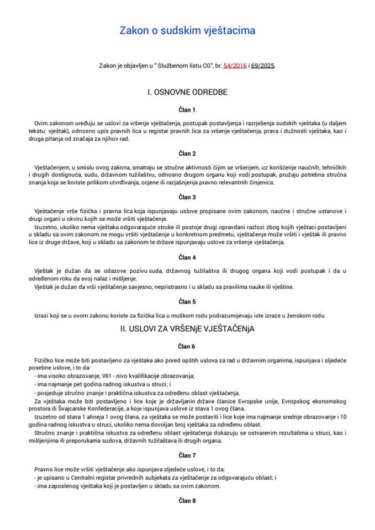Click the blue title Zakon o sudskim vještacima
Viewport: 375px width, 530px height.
187,31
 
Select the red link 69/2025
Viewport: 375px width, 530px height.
263,65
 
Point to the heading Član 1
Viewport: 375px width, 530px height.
187,110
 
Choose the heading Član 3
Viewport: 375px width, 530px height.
187,197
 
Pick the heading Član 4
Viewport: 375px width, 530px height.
187,257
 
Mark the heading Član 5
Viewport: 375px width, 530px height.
187,301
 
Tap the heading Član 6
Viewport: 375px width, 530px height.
187,347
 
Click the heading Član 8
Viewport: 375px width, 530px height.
187,501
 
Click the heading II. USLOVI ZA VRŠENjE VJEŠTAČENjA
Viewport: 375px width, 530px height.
187,328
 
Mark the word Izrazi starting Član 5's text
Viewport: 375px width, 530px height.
43,315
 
